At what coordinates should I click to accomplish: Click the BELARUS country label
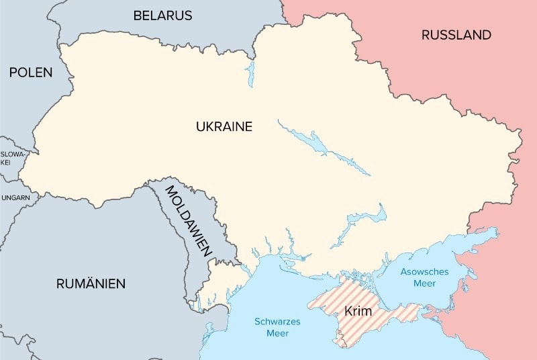162,15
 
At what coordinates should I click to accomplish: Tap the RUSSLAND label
456,35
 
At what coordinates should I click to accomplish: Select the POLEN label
30,73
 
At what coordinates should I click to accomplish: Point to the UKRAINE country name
224,126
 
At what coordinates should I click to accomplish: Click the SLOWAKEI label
12,159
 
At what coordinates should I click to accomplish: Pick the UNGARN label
15,197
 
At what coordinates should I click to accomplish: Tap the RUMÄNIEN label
91,283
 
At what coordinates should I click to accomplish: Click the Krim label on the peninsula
358,311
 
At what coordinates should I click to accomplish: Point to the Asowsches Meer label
424,277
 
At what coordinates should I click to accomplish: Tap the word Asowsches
424,271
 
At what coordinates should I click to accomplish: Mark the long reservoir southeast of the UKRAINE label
322,146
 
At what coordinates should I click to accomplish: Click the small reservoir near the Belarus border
250,73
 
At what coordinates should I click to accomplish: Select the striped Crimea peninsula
376,316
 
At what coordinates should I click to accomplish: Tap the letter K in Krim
348,311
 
